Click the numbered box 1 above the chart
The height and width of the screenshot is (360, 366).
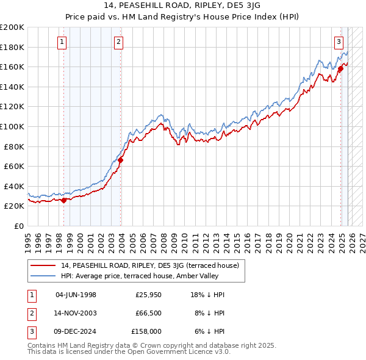63,42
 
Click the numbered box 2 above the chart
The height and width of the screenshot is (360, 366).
118,42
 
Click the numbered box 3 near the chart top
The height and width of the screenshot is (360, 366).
338,42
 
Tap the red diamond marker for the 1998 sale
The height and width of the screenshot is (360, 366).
63,200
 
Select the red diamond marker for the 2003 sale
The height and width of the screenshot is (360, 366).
121,160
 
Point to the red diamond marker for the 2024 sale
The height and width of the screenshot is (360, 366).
340,68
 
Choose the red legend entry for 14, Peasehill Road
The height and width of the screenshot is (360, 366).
152,265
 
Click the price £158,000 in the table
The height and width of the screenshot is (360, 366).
146,331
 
